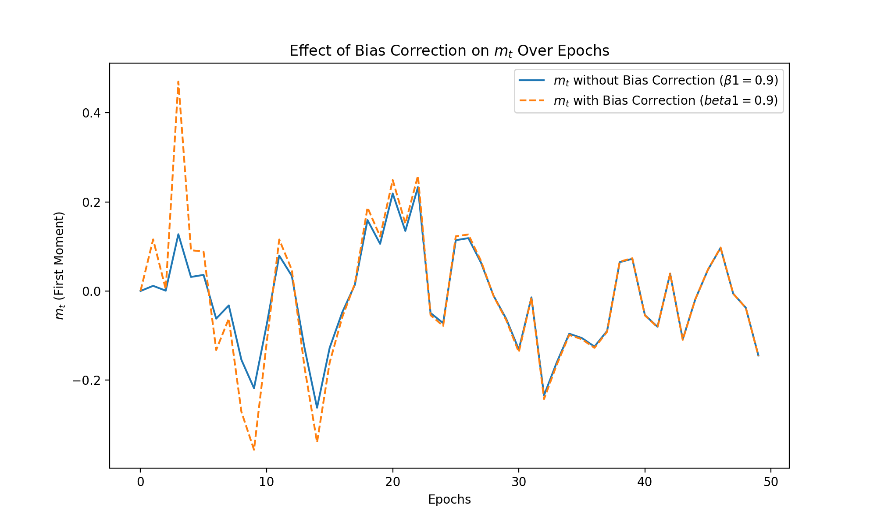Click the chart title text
(449, 51)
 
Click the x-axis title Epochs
(449, 499)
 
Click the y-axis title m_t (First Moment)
(60, 266)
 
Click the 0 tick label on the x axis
(140, 482)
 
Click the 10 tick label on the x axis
(266, 482)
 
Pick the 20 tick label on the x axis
(392, 482)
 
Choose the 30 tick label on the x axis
(519, 482)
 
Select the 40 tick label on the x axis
(645, 482)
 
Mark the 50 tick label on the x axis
(771, 482)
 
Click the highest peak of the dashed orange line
(178, 82)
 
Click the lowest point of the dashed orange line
(254, 450)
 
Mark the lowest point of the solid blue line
(317, 408)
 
